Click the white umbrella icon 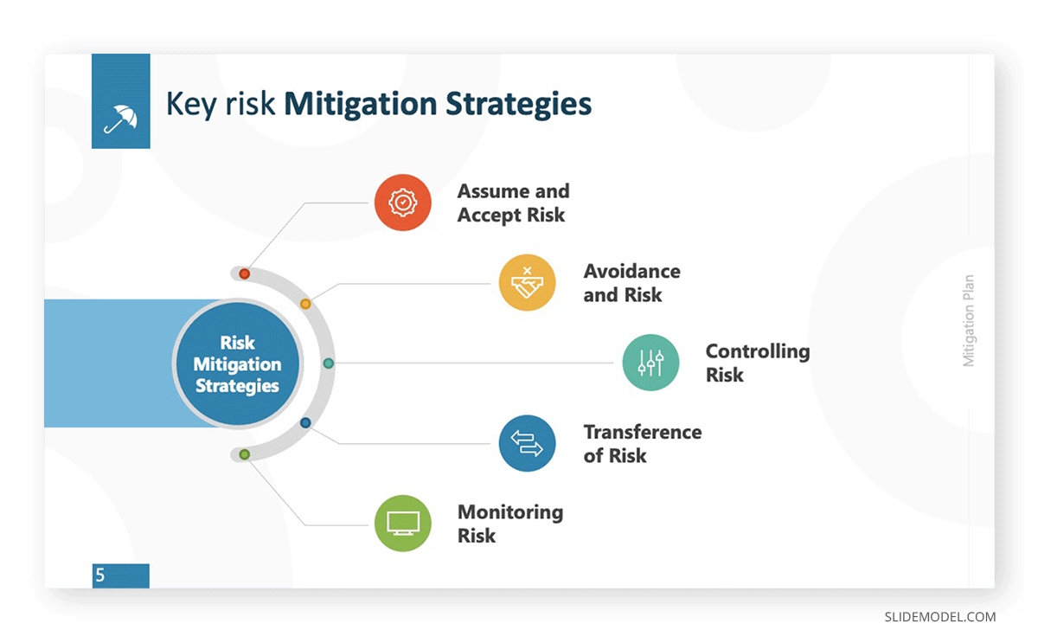pos(120,119)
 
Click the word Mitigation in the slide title pos(361,105)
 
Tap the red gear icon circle pos(403,203)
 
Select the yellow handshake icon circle pos(527,282)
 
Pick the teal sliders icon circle pos(650,363)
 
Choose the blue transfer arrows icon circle pos(527,443)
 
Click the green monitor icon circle pos(403,524)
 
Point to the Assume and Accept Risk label pos(514,203)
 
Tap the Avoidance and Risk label pos(631,283)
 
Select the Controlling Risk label pos(758,363)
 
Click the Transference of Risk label pos(642,444)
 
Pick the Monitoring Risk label pos(510,524)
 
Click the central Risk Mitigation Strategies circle pos(237,363)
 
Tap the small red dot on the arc pos(244,273)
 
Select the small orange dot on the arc pos(305,304)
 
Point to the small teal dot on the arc pos(328,363)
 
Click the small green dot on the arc pos(244,454)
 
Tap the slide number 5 pos(100,575)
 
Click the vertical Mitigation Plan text pos(969,321)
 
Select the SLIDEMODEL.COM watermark pos(939,617)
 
